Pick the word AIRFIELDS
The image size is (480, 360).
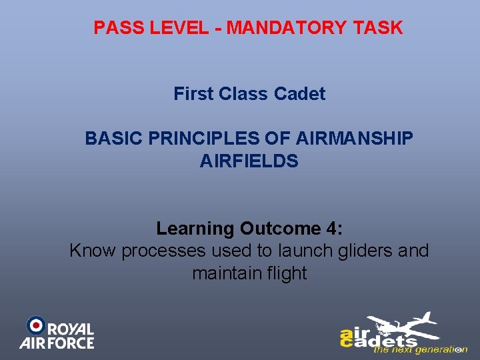click(249, 161)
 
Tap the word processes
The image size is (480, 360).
click(163, 251)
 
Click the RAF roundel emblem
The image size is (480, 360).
click(36, 325)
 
